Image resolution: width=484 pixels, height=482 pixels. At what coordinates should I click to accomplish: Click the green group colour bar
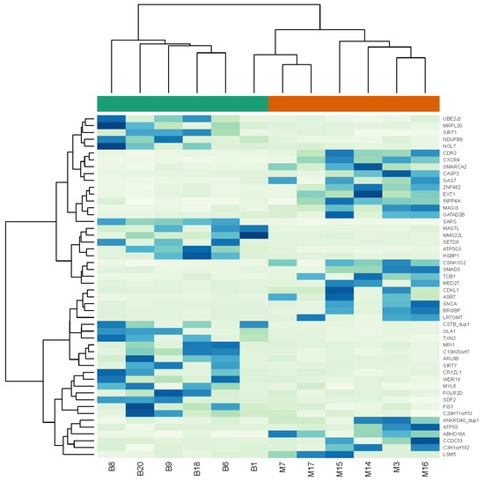[182, 104]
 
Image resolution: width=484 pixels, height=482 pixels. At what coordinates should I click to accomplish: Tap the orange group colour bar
[353, 104]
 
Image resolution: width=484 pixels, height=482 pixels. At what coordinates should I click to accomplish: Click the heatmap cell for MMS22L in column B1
[253, 235]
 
